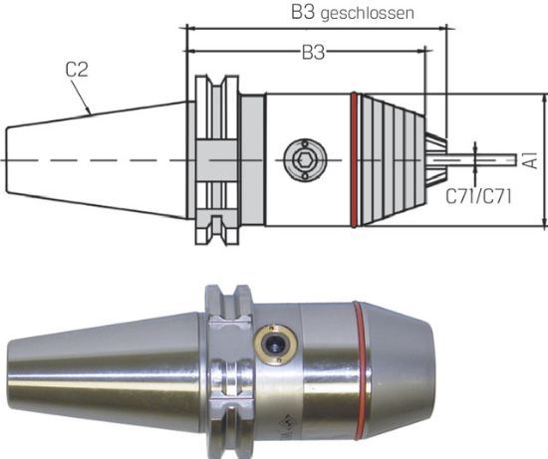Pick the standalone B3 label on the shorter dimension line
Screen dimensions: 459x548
coord(314,55)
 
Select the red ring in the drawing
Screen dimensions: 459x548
coord(354,159)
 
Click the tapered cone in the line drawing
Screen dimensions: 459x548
coord(100,159)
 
